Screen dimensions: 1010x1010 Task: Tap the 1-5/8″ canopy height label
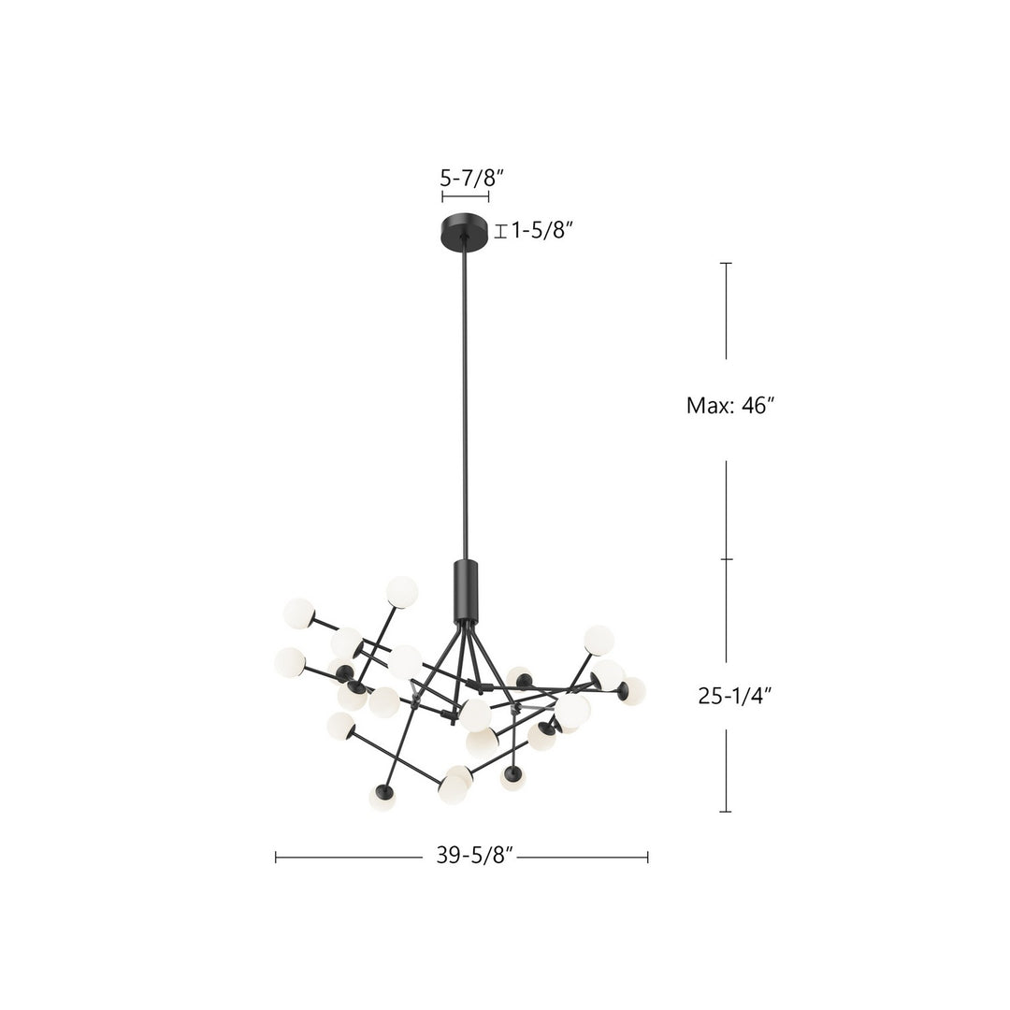pyautogui.click(x=541, y=230)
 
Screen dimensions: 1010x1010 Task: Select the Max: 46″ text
pyautogui.click(x=731, y=406)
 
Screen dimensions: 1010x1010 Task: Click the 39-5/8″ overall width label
pyautogui.click(x=475, y=857)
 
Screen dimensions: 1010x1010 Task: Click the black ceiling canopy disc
pyautogui.click(x=465, y=230)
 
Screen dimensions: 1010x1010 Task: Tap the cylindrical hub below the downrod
pyautogui.click(x=465, y=591)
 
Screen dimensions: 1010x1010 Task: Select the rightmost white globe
pyautogui.click(x=632, y=691)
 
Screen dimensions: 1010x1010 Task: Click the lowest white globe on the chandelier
pyautogui.click(x=382, y=798)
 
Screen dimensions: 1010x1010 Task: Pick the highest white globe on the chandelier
pyautogui.click(x=402, y=591)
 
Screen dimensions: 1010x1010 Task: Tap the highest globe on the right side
pyautogui.click(x=599, y=640)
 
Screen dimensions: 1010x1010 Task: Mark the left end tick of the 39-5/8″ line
pyautogui.click(x=276, y=857)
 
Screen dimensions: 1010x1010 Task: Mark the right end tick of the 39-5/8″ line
pyautogui.click(x=647, y=857)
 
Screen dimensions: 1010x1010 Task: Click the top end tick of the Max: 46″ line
pyautogui.click(x=726, y=264)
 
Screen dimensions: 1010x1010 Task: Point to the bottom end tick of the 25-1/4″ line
pyautogui.click(x=726, y=811)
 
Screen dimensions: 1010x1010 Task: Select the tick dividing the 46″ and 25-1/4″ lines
pyautogui.click(x=726, y=559)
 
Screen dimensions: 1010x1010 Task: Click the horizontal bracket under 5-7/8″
pyautogui.click(x=465, y=197)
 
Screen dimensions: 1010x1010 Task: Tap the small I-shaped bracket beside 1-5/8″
pyautogui.click(x=500, y=231)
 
